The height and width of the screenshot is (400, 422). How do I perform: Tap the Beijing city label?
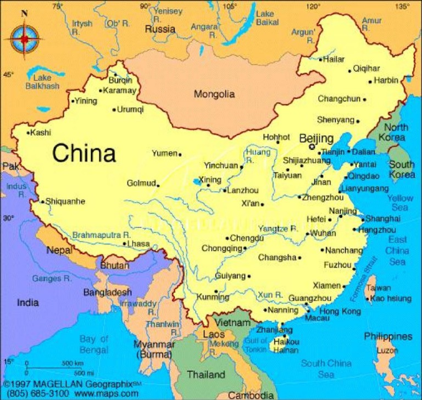316,138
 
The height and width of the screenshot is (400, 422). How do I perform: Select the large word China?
84,153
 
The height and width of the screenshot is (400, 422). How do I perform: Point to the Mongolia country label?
214,94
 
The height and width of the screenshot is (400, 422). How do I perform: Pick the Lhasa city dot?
125,243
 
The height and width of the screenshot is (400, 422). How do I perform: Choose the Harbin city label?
386,80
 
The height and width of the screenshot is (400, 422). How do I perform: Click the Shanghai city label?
382,218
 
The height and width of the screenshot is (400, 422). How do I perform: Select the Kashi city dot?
29,132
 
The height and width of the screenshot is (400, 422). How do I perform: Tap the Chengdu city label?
247,238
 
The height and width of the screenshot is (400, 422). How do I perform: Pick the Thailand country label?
206,375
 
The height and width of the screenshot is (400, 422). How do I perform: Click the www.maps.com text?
107,393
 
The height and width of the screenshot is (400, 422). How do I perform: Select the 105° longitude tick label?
230,7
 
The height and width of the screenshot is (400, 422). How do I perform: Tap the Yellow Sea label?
401,203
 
